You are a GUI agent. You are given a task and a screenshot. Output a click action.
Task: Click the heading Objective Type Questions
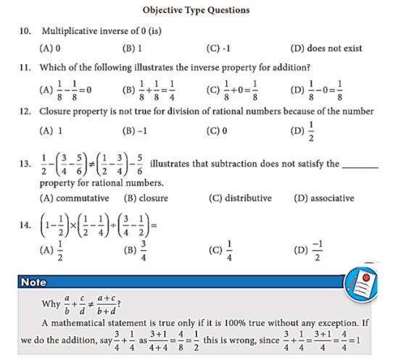coord(196,10)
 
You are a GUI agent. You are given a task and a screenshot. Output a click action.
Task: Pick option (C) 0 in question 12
coord(217,132)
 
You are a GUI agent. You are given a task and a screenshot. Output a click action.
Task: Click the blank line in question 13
coord(360,166)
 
